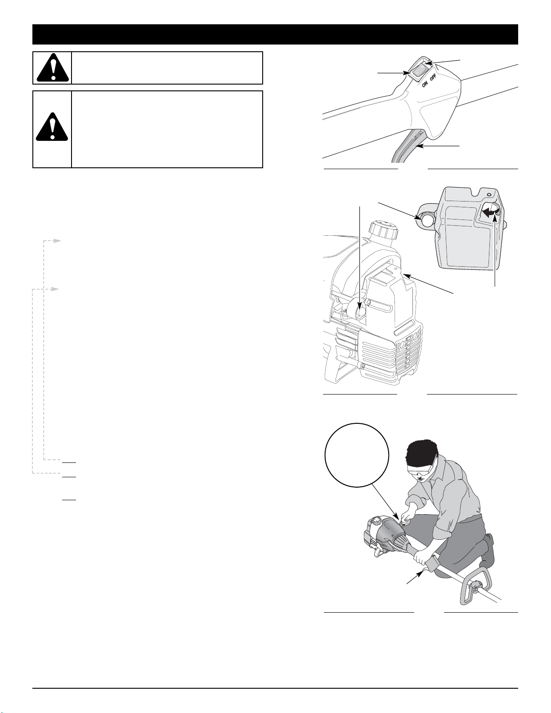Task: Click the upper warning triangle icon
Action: pyautogui.click(x=53, y=67)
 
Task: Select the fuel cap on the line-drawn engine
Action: pyautogui.click(x=384, y=231)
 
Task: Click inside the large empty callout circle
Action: pyautogui.click(x=357, y=456)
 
